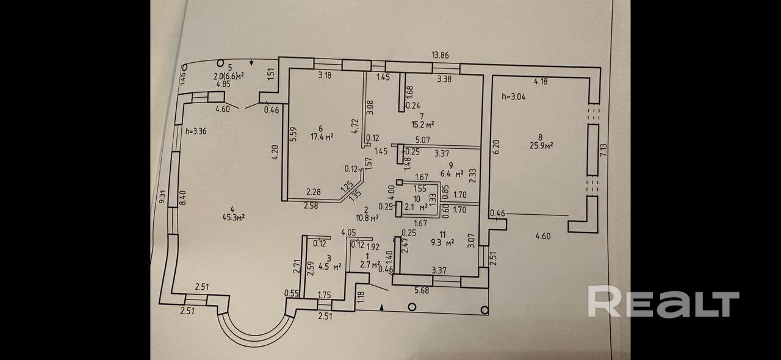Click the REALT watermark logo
point(663,302)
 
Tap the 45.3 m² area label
point(234,217)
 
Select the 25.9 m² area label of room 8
point(541,146)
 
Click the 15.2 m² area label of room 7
point(422,124)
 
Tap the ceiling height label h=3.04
point(513,96)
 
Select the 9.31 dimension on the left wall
point(161,196)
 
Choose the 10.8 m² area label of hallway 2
point(367,217)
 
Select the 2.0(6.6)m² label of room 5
point(229,76)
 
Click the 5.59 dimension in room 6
point(293,134)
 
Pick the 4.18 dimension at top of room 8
point(541,81)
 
